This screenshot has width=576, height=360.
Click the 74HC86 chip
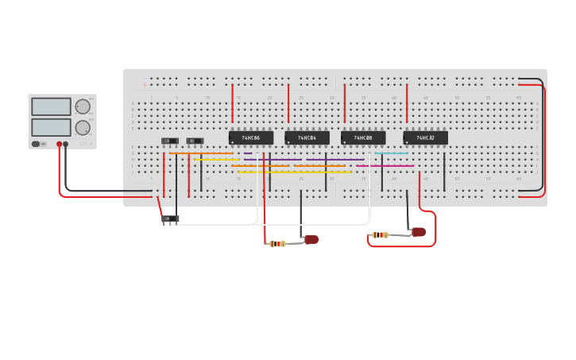251,138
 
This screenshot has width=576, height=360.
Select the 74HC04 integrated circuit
307,138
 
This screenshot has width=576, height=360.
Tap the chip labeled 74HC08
363,138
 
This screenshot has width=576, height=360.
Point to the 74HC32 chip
425,138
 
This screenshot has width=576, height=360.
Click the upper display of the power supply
51,106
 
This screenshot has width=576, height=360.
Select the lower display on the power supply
51,127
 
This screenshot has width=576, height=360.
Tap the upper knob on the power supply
83,106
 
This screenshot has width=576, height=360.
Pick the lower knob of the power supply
83,127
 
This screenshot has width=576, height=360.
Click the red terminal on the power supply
59,144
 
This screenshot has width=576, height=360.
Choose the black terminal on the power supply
66,144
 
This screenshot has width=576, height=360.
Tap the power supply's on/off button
36,144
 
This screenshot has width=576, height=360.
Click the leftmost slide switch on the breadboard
170,141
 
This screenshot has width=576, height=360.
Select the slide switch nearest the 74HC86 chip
195,141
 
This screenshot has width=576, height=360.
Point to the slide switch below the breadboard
170,219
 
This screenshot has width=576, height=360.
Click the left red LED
311,239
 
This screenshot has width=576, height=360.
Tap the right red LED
419,232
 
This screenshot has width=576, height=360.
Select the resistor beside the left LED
277,244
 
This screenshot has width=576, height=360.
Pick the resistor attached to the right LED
381,234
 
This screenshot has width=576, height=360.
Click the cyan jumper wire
391,153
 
